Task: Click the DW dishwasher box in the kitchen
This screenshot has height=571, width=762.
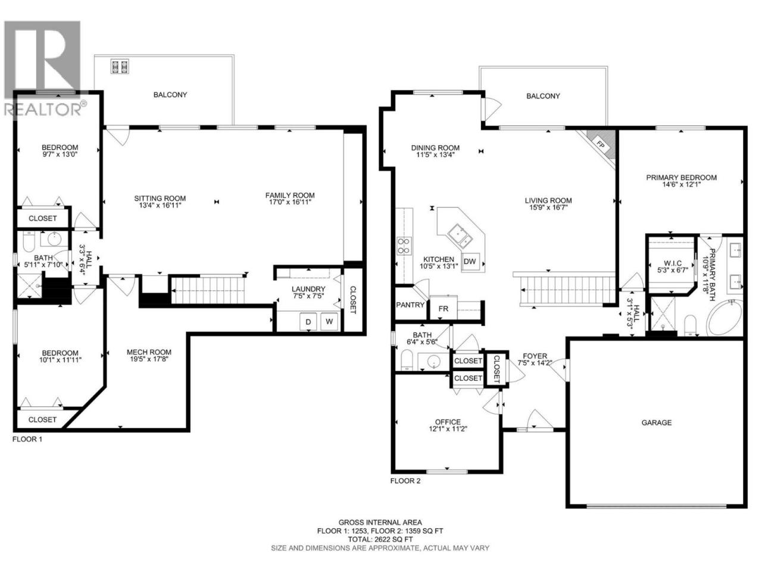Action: coord(470,261)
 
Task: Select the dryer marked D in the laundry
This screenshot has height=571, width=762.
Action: coord(308,322)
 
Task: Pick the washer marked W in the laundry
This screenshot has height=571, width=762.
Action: coord(329,321)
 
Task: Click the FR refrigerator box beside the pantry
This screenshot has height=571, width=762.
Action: coord(443,308)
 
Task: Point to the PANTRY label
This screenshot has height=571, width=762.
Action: coord(410,305)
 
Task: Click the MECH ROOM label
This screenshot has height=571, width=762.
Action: coord(149,352)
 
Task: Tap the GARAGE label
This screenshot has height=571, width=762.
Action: coord(656,422)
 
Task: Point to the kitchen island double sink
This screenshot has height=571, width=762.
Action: coord(460,236)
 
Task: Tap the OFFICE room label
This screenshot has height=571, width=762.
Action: coord(448,422)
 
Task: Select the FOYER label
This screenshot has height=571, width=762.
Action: coord(535,356)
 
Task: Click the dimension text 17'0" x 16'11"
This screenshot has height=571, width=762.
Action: coord(290,202)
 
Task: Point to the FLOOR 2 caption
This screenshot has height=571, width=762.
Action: coord(405,481)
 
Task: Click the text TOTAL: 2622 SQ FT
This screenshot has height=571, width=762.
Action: coord(380,539)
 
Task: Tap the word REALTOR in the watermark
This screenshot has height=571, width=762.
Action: coord(42,109)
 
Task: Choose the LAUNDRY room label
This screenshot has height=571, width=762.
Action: coord(308,289)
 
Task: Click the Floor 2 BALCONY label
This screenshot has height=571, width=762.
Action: coord(543,96)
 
